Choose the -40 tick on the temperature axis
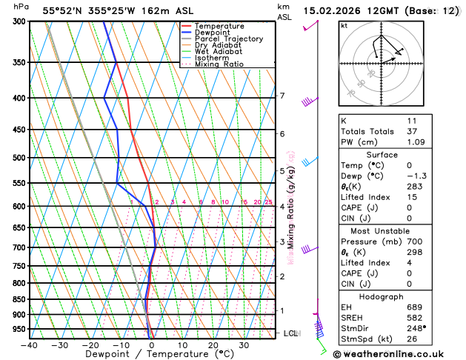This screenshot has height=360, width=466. pyautogui.click(x=29, y=345)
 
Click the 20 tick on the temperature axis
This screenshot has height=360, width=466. pyautogui.click(x=213, y=345)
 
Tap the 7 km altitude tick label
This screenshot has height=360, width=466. pyautogui.click(x=282, y=96)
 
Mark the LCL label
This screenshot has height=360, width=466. pyautogui.click(x=290, y=334)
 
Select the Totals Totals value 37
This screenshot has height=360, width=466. pyautogui.click(x=412, y=130)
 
